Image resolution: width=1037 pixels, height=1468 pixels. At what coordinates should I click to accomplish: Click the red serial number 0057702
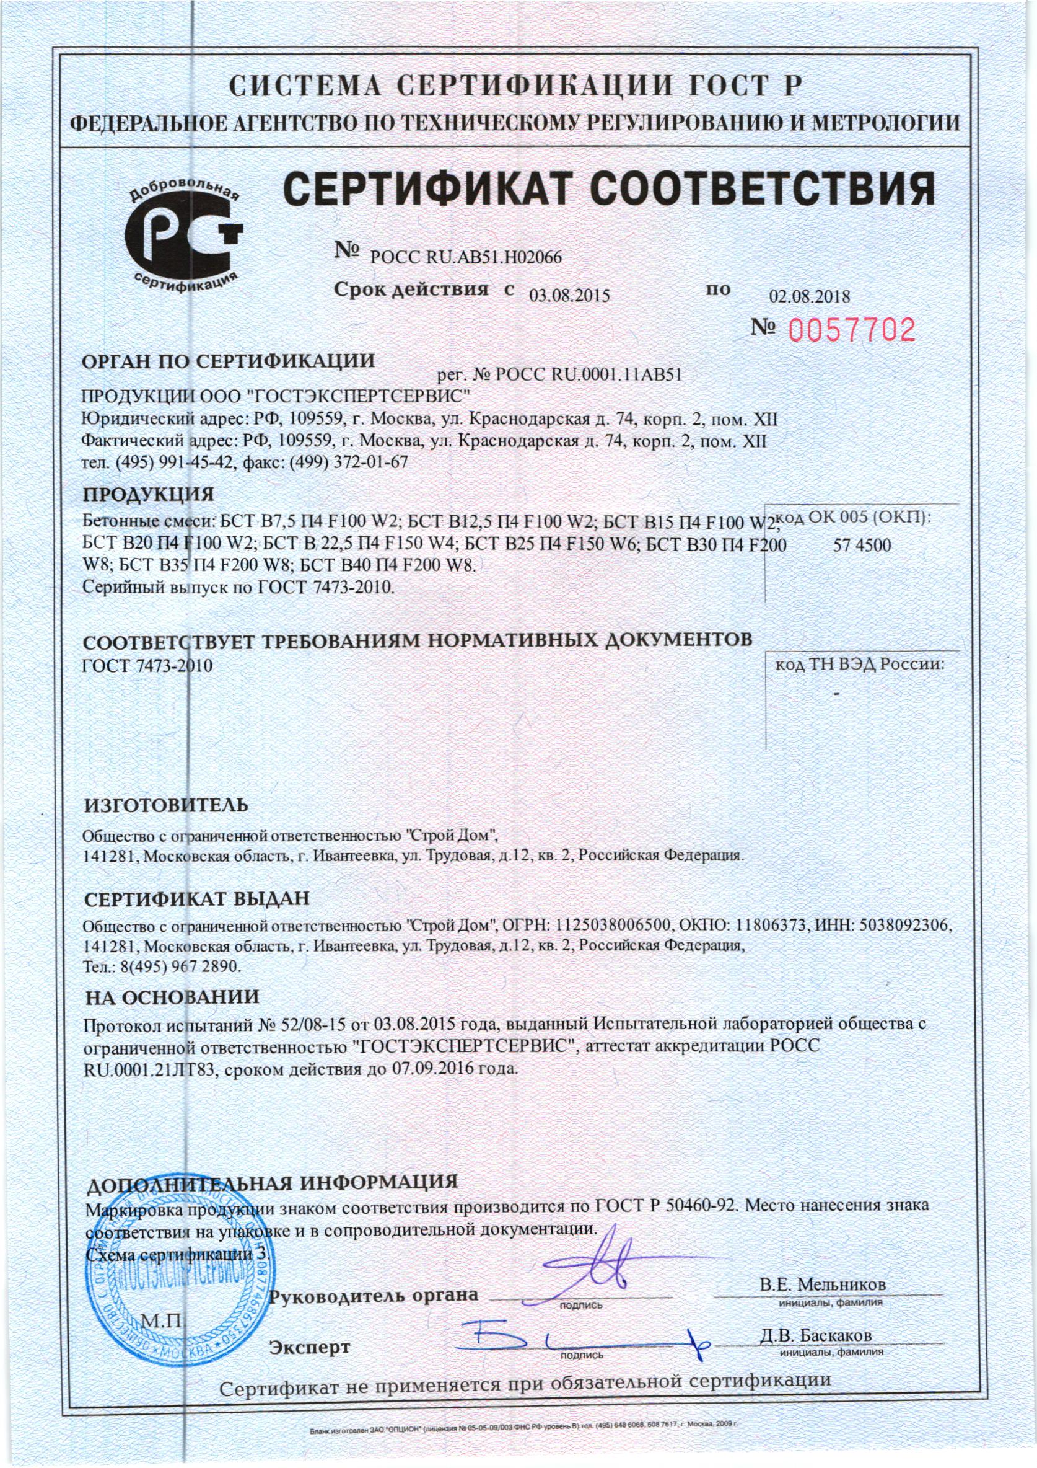852,329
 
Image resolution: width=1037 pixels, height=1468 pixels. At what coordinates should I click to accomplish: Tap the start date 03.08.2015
570,294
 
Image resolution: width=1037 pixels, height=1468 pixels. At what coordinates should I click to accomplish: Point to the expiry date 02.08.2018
809,297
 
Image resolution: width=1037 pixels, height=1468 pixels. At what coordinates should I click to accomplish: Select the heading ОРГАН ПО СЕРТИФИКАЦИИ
228,361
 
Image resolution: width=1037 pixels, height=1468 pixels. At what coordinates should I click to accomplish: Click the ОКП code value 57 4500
862,546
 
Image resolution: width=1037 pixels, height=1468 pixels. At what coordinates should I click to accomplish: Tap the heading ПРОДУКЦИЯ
149,494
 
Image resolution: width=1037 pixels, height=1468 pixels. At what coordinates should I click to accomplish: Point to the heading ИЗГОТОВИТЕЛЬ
166,805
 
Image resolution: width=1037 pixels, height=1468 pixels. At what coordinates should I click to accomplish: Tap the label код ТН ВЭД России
859,665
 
